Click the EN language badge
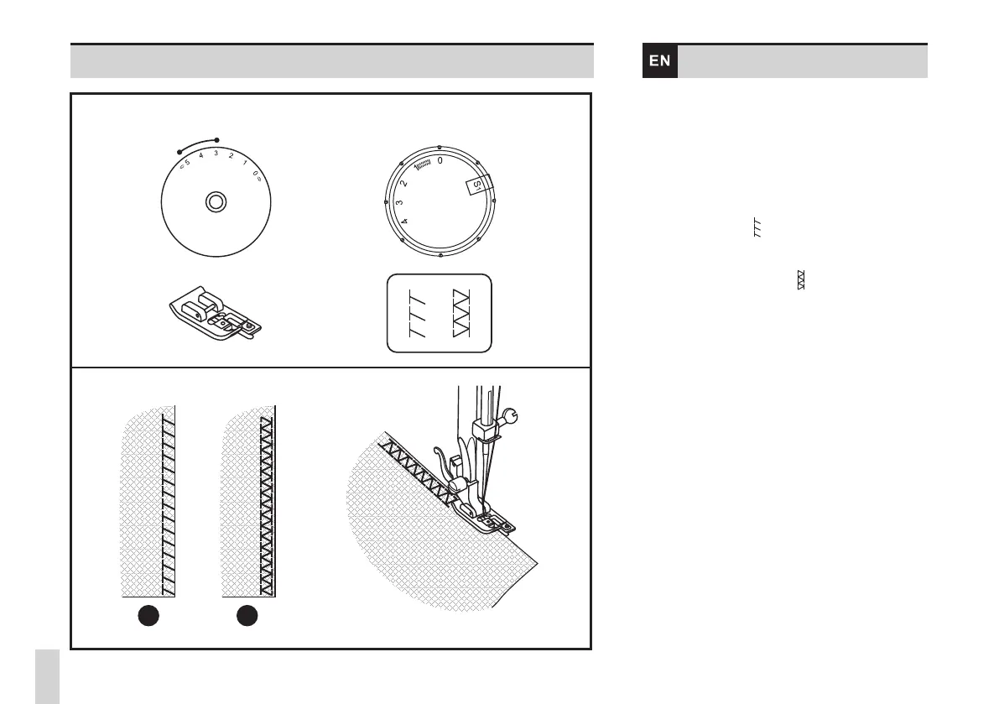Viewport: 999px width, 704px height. coord(660,61)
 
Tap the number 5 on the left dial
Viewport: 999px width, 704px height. coord(187,163)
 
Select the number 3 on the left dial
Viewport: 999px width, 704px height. coord(216,154)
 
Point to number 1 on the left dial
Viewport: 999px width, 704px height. coord(244,163)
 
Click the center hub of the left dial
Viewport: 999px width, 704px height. coord(216,201)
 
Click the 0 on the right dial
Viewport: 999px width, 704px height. coord(440,159)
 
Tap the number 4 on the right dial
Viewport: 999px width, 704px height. coord(404,222)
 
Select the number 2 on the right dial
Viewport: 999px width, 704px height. coord(403,182)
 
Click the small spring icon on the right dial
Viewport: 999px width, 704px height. coord(421,163)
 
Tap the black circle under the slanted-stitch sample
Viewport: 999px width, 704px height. coord(148,616)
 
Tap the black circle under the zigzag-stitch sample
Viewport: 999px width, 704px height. coord(246,616)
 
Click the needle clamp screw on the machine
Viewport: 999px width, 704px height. coord(511,414)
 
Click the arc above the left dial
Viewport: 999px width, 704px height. coord(198,144)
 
